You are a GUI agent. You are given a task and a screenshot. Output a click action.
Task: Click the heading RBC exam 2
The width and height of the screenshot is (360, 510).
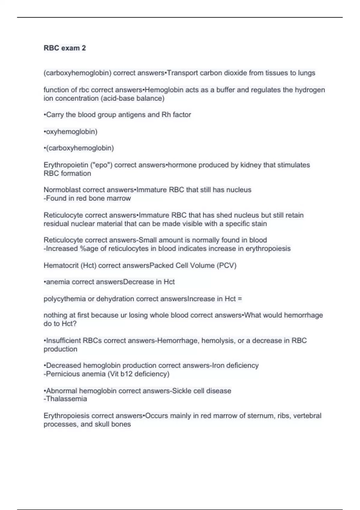64,48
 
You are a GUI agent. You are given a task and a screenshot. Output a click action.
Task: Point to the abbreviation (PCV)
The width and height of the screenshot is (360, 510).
226,265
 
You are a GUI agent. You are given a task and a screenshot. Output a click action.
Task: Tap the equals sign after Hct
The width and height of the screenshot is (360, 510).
239,299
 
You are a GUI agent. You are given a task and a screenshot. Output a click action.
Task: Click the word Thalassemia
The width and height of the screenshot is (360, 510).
66,399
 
